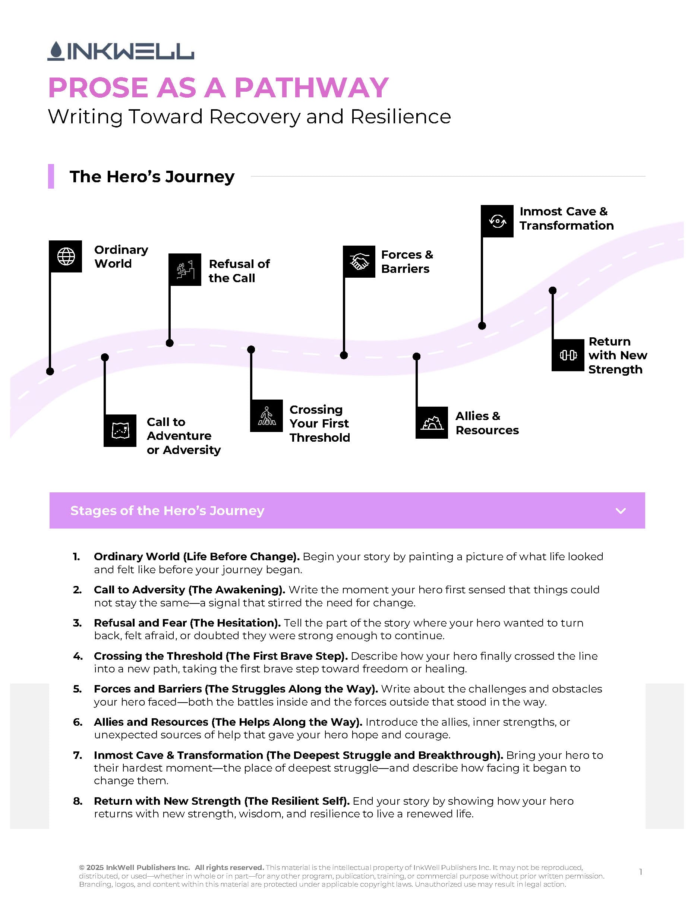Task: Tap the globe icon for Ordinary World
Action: point(66,256)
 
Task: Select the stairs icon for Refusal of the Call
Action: point(185,270)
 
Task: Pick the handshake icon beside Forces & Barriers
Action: point(359,262)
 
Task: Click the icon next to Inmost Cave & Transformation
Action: point(497,221)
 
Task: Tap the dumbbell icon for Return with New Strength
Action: point(568,355)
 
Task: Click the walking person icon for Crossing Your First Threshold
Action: point(266,416)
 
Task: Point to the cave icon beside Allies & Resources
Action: point(432,423)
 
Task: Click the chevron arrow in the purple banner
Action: point(621,511)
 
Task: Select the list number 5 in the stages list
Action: point(77,689)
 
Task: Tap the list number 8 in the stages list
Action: point(77,801)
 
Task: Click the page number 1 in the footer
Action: point(641,872)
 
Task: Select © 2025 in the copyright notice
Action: point(91,868)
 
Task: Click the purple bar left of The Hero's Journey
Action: point(51,176)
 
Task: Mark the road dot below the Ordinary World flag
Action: point(50,371)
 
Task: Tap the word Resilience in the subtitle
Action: point(400,117)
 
